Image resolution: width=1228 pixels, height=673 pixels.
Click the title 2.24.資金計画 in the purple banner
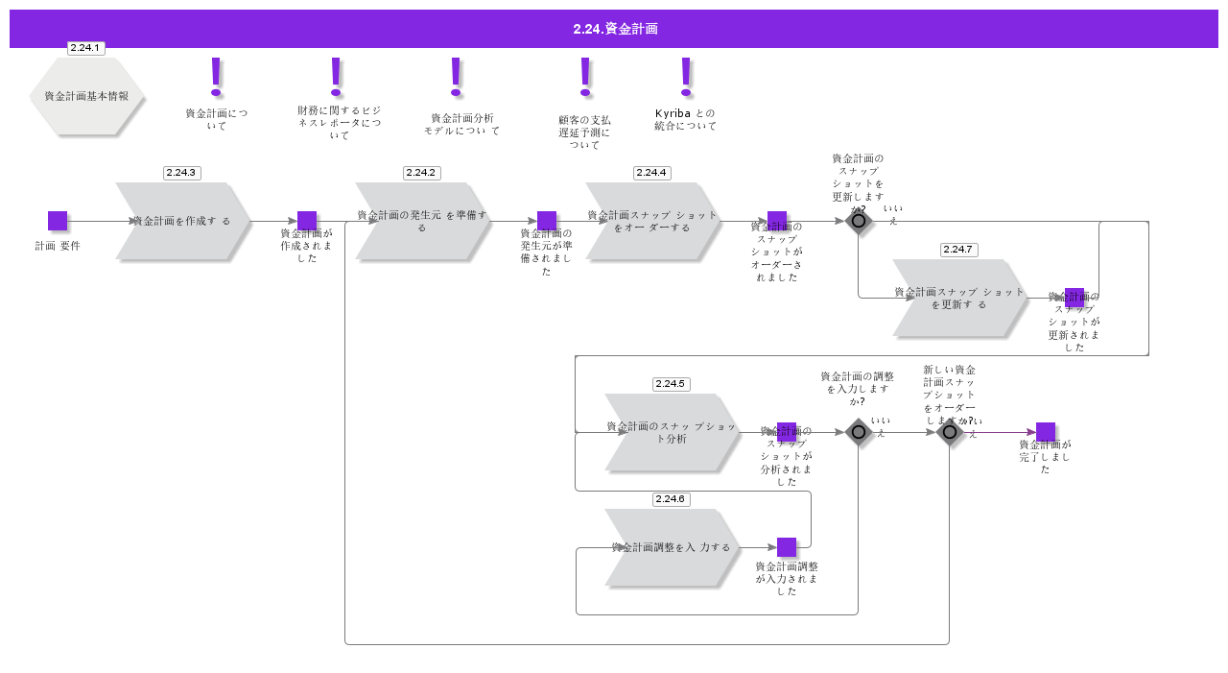tap(615, 29)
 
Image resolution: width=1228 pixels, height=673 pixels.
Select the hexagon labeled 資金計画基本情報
tap(86, 96)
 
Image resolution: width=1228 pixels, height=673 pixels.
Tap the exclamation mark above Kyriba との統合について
tap(685, 77)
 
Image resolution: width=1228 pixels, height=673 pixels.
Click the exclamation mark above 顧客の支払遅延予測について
tap(585, 77)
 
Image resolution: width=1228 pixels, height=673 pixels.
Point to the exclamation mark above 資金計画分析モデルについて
tap(456, 77)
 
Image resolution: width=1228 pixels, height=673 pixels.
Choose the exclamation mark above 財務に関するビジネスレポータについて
tap(336, 77)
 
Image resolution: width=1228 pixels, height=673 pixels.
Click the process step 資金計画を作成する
tap(182, 221)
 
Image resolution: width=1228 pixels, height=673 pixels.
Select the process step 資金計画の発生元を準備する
tap(422, 221)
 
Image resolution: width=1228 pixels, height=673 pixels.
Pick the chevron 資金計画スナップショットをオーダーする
tap(652, 221)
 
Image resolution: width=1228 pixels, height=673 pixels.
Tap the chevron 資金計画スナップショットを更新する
tap(959, 298)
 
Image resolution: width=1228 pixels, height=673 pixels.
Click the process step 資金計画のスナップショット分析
tap(672, 432)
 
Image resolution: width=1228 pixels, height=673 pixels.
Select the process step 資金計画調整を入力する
tap(672, 547)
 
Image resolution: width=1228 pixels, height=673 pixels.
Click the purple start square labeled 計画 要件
tap(58, 221)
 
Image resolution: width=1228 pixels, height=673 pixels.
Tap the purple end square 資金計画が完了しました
tap(1046, 432)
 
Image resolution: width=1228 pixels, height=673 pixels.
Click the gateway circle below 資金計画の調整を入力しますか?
tap(859, 432)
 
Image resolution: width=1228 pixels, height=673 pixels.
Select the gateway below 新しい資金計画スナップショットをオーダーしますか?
tap(950, 432)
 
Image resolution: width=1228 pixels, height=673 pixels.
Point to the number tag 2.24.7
tap(958, 250)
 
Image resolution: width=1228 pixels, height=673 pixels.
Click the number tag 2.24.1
tap(85, 48)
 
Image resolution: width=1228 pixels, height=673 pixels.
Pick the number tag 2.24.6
tap(671, 499)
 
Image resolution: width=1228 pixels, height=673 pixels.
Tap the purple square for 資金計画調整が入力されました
tap(787, 547)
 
